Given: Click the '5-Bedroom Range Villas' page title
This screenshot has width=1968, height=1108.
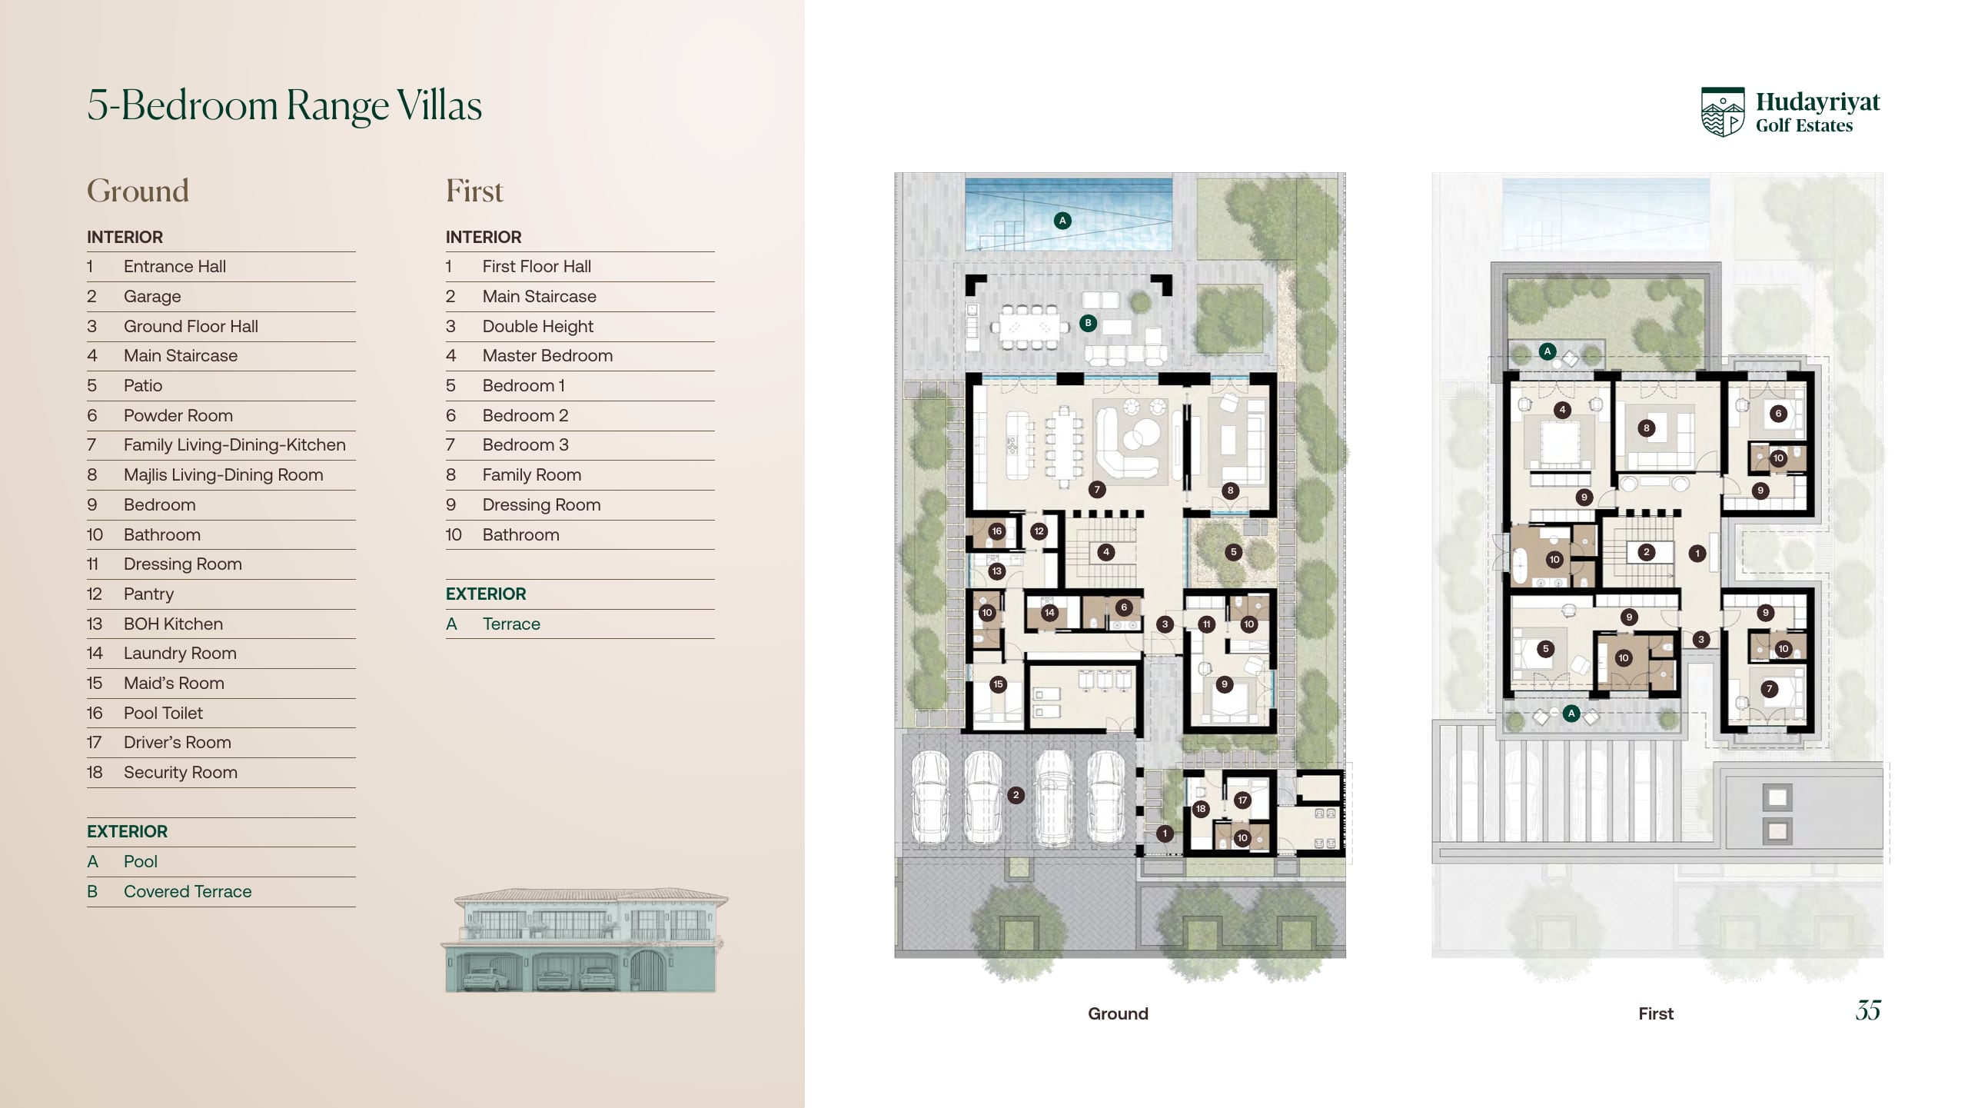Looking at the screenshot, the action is click(284, 105).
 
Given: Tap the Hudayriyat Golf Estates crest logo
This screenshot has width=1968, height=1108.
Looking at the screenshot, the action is click(1723, 112).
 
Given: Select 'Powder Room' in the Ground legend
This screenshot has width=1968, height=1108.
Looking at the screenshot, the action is click(178, 415).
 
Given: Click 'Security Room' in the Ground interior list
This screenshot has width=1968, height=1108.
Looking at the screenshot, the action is click(181, 772).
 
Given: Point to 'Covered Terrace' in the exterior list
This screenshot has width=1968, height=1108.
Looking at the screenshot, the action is click(188, 891).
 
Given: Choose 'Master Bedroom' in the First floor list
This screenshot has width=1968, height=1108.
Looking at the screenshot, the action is click(547, 355).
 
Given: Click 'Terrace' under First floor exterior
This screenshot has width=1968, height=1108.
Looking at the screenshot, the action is click(511, 624).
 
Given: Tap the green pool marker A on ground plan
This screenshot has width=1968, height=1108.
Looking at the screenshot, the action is click(1062, 221).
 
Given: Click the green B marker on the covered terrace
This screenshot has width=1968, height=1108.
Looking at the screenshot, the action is click(1088, 323).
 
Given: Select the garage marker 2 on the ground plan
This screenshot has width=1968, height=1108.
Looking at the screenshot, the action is click(1016, 795).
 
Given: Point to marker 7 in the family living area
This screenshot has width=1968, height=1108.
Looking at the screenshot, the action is click(1097, 489).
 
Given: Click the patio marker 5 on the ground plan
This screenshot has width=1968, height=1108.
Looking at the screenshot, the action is click(1233, 551).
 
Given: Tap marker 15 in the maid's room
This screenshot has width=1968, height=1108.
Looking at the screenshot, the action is click(998, 684).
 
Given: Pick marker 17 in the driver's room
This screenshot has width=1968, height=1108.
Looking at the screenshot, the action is click(1242, 800).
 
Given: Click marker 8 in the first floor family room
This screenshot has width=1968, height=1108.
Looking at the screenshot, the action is click(1646, 428).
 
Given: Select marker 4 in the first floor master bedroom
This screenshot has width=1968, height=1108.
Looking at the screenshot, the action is click(1562, 410).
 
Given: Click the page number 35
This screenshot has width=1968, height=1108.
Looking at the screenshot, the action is click(1868, 1010).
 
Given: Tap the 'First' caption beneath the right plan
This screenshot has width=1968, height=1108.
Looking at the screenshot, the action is click(1656, 1013).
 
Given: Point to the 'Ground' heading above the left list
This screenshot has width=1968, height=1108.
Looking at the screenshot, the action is click(138, 191).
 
